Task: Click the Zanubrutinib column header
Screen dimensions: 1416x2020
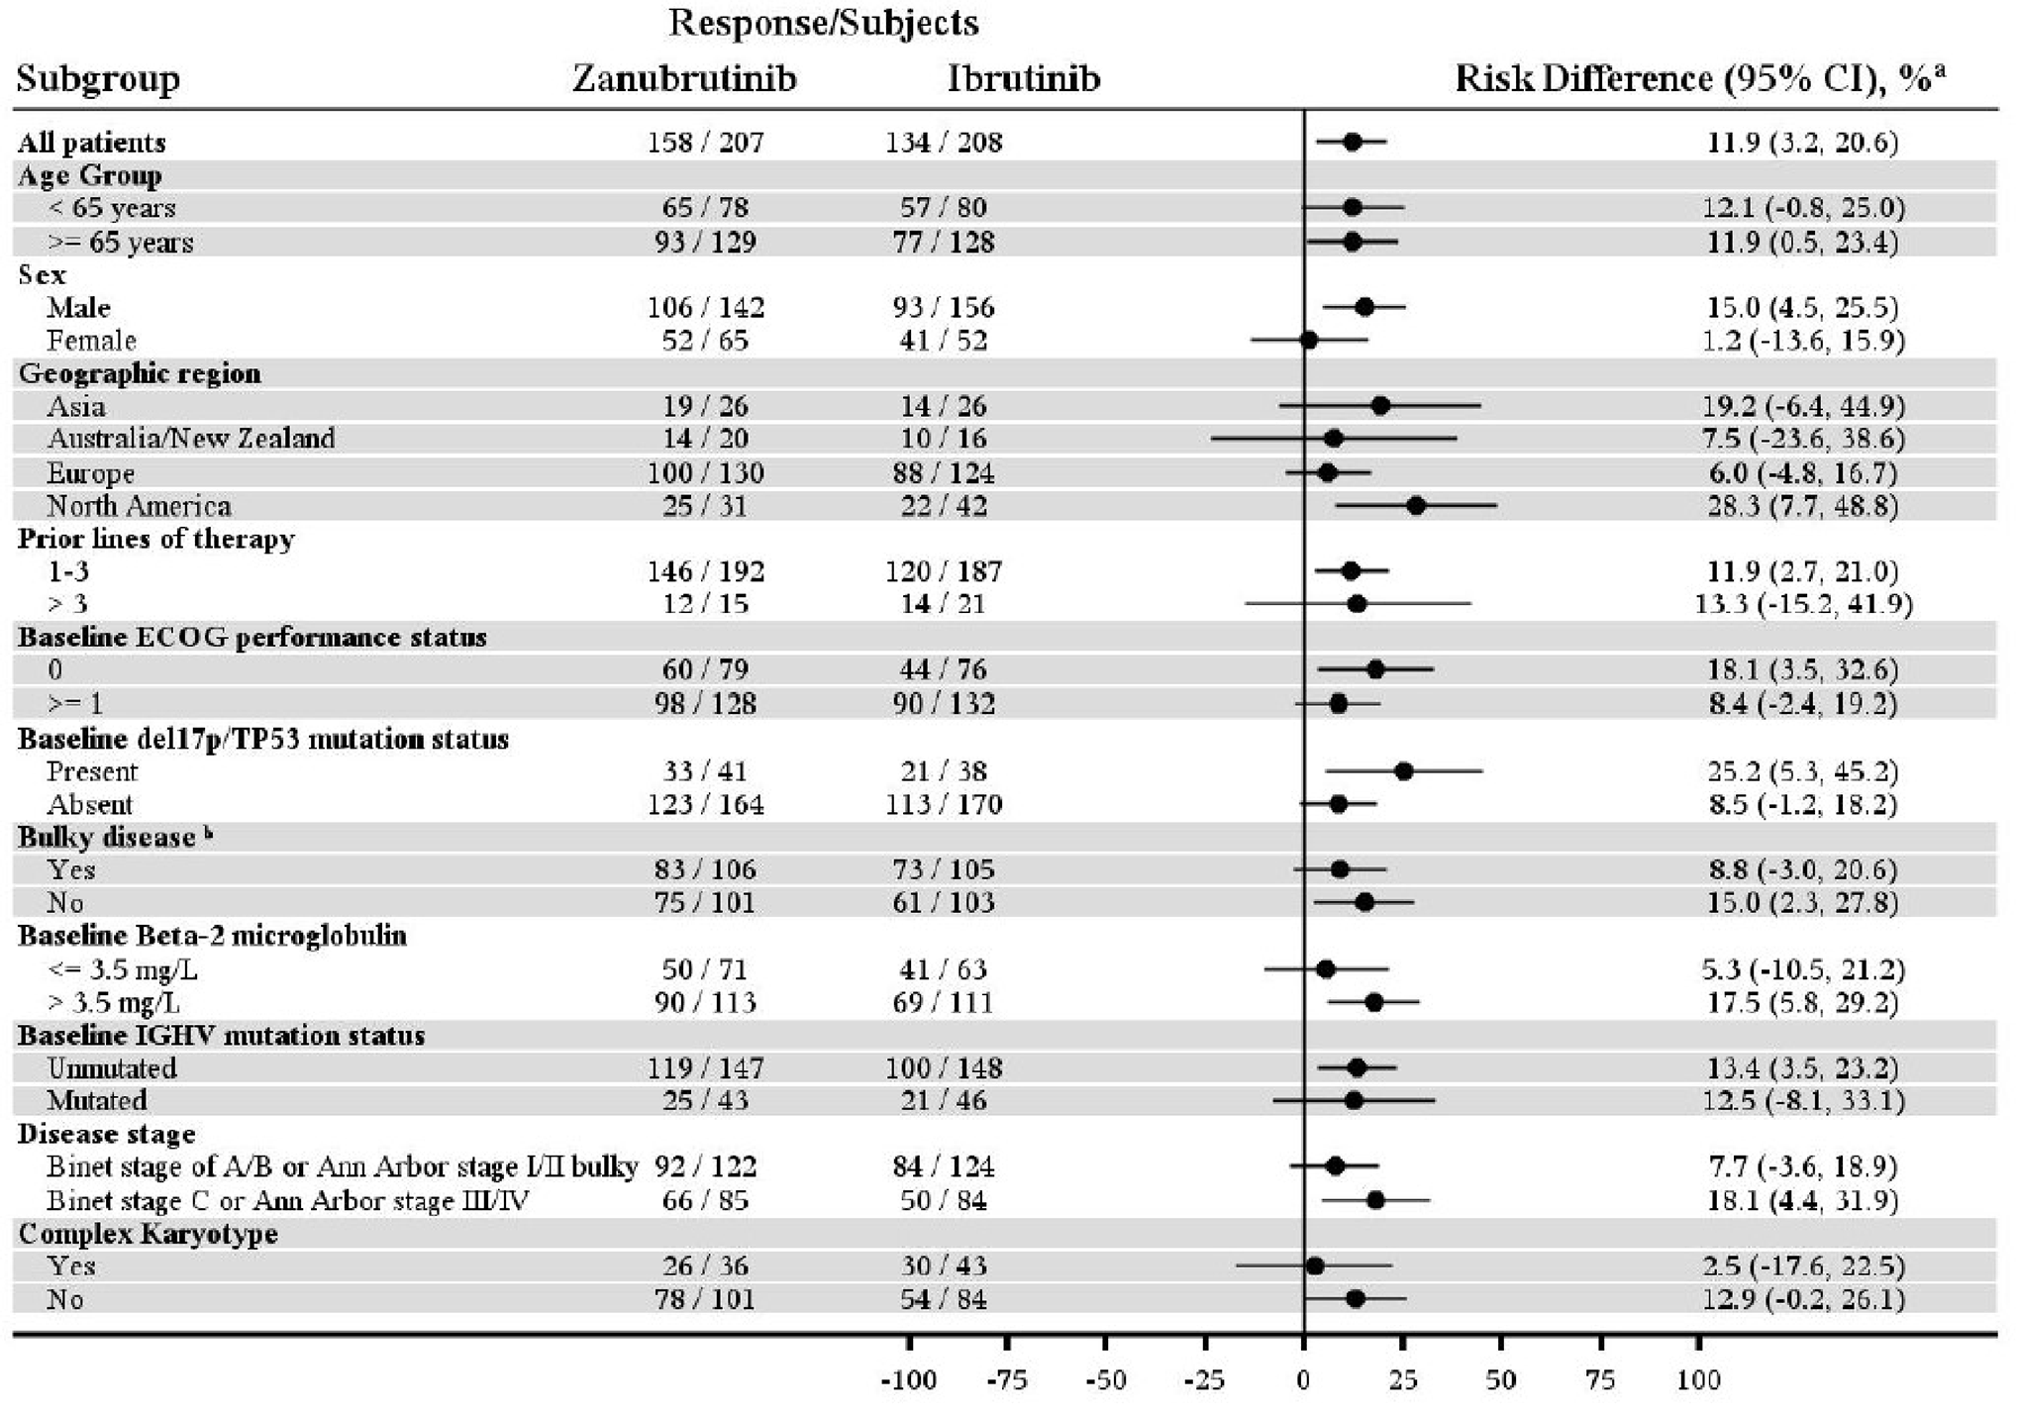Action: (x=684, y=78)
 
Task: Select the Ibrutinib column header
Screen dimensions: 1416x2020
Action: (x=1023, y=78)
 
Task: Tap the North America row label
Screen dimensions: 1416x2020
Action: (x=139, y=506)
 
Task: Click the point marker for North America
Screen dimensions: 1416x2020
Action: (x=1416, y=506)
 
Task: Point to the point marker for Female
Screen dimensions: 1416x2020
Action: (x=1308, y=341)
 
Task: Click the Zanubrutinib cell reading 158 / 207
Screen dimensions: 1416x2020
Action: (x=705, y=143)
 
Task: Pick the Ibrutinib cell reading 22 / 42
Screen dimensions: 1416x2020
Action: (x=943, y=506)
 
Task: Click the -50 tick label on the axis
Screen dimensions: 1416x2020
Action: (x=1105, y=1379)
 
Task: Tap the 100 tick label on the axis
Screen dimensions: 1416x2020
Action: (x=1698, y=1379)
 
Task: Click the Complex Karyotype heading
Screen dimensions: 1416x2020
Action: (x=148, y=1234)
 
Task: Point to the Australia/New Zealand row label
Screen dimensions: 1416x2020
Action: (x=191, y=439)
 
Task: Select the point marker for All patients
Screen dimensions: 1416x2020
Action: (x=1352, y=143)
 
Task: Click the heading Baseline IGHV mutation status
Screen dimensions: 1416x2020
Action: (x=221, y=1036)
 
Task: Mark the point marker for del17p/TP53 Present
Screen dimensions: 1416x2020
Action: (x=1403, y=771)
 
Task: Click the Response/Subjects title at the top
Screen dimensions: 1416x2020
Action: (x=823, y=23)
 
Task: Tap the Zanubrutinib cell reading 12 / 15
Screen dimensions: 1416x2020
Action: (x=705, y=604)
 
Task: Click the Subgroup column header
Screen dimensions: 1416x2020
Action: (x=98, y=78)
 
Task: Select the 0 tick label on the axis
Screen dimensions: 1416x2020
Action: (x=1303, y=1379)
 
